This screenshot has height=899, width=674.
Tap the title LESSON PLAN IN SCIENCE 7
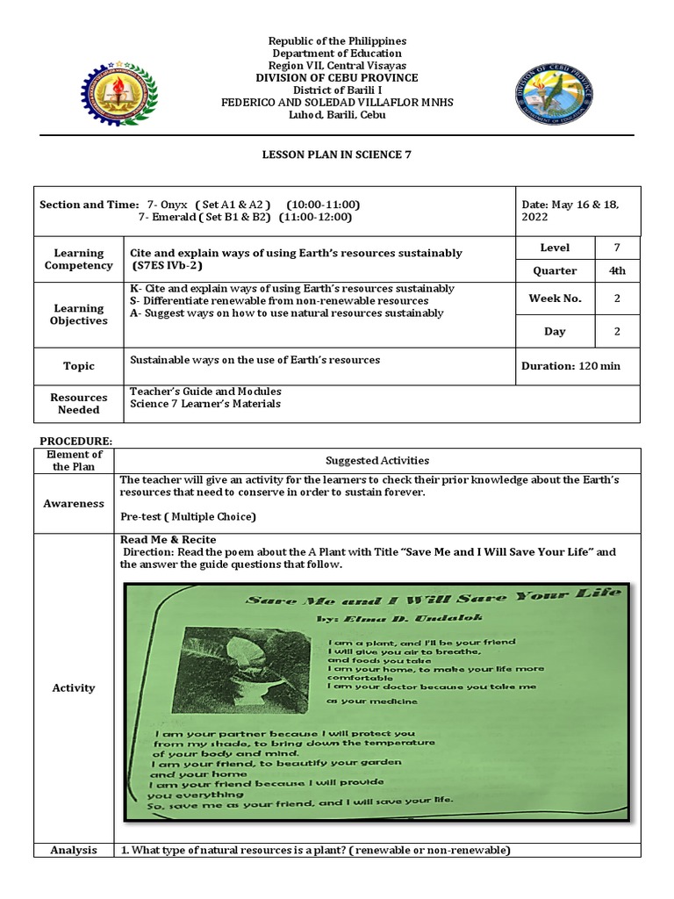pyautogui.click(x=337, y=154)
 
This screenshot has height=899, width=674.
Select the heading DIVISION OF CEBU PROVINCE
pyautogui.click(x=338, y=77)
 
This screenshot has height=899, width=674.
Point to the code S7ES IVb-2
pyautogui.click(x=167, y=265)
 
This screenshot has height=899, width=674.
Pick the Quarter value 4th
pyautogui.click(x=617, y=270)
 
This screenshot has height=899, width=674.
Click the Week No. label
pyautogui.click(x=555, y=298)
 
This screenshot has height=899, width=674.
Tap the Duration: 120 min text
pyautogui.click(x=570, y=366)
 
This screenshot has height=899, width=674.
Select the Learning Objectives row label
pyautogui.click(x=80, y=314)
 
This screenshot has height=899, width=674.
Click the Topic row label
pyautogui.click(x=79, y=366)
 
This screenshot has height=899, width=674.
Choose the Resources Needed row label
pyautogui.click(x=79, y=404)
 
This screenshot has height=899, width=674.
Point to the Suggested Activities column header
pyautogui.click(x=377, y=460)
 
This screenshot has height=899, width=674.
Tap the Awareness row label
pyautogui.click(x=74, y=504)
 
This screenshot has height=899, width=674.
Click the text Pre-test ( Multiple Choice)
pyautogui.click(x=188, y=516)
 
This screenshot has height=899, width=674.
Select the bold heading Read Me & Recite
pyautogui.click(x=168, y=539)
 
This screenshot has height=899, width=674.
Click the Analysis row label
pyautogui.click(x=74, y=850)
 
